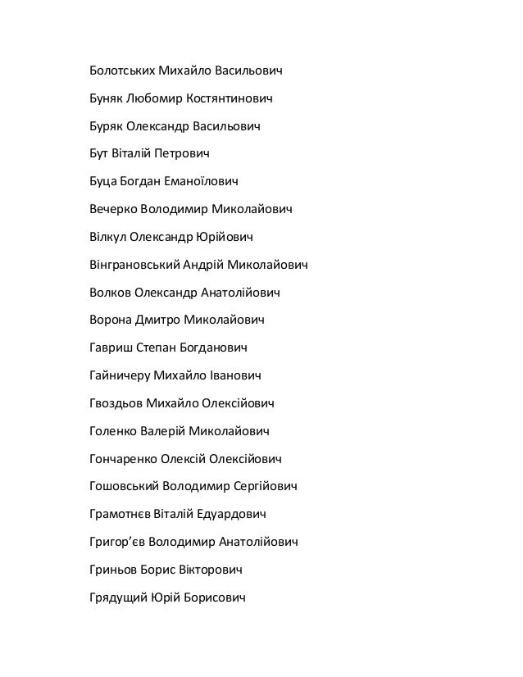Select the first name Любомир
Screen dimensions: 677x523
(x=153, y=100)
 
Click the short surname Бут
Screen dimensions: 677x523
(x=98, y=153)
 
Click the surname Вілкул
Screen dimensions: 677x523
(x=108, y=238)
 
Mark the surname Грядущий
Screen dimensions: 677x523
(x=116, y=597)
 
